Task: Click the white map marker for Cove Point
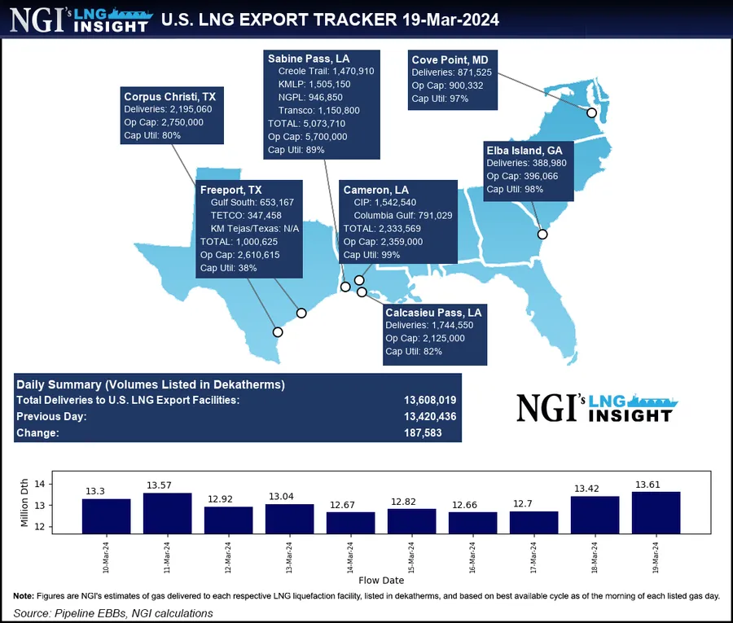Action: [x=591, y=112]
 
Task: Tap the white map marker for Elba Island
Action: [x=542, y=235]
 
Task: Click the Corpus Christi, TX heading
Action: [x=169, y=96]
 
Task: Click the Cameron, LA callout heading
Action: [x=375, y=189]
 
